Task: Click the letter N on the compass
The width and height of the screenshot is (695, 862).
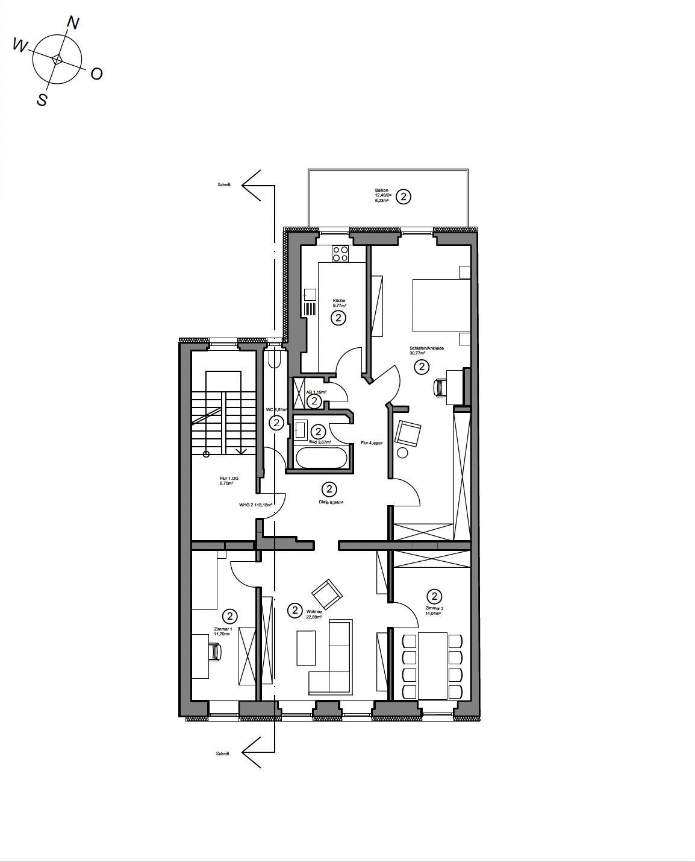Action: click(x=73, y=23)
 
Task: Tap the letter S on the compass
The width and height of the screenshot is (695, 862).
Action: click(x=42, y=99)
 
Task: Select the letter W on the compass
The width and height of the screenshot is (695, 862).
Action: click(x=20, y=45)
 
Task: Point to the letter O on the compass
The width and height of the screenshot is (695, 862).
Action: click(x=96, y=74)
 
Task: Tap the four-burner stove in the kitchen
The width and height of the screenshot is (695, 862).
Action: click(x=340, y=254)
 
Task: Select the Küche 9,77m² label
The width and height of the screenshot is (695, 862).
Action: click(x=339, y=303)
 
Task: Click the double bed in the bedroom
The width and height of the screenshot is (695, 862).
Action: click(x=441, y=305)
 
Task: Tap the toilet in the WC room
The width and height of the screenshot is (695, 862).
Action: click(x=275, y=359)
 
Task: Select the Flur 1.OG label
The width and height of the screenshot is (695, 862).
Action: click(x=229, y=480)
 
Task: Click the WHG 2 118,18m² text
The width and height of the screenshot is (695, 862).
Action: click(x=255, y=505)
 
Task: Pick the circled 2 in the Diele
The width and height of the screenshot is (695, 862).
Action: click(x=329, y=489)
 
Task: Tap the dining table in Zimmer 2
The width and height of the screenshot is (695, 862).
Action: click(x=432, y=665)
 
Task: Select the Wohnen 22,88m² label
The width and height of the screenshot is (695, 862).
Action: click(x=314, y=614)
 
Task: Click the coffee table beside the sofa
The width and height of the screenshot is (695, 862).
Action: click(x=306, y=648)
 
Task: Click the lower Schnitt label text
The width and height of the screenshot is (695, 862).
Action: click(x=222, y=753)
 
